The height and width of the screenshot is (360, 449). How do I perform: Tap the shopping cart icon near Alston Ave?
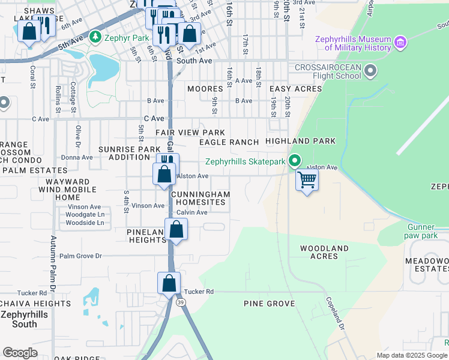307,180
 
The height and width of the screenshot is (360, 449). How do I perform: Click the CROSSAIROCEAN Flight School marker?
370,71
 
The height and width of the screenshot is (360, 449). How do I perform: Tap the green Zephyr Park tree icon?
95,38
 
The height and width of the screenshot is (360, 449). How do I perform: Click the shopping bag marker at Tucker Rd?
169,283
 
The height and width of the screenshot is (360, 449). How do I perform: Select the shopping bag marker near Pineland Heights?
176,230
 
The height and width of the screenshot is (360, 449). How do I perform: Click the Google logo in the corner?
20,353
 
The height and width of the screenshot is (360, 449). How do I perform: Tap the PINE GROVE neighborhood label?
269,304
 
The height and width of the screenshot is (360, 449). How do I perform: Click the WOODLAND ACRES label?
324,252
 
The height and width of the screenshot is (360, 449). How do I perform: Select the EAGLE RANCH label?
229,142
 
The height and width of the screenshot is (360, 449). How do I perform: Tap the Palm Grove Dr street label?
81,256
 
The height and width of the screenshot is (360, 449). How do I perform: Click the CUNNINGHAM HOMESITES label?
200,199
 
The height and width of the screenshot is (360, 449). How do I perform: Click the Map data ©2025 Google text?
412,355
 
